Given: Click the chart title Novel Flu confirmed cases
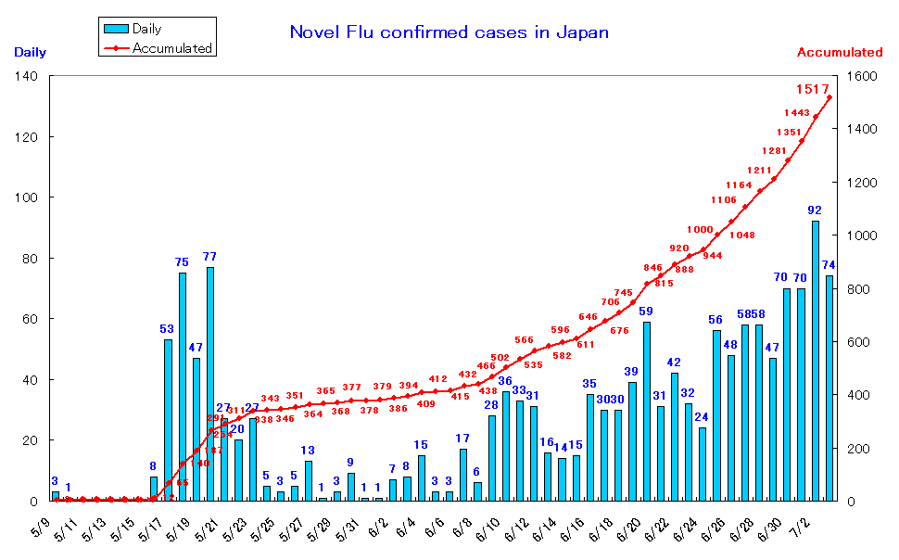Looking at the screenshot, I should (449, 32).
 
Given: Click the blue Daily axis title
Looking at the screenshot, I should (31, 53).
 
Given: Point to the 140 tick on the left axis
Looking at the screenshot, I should (26, 76).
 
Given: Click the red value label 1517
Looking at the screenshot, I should (813, 89).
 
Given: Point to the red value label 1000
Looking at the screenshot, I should (700, 229).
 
